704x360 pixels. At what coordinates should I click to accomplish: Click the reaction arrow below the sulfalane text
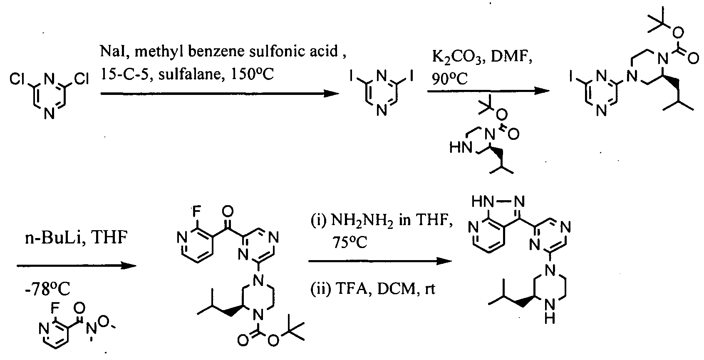click(x=220, y=94)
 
